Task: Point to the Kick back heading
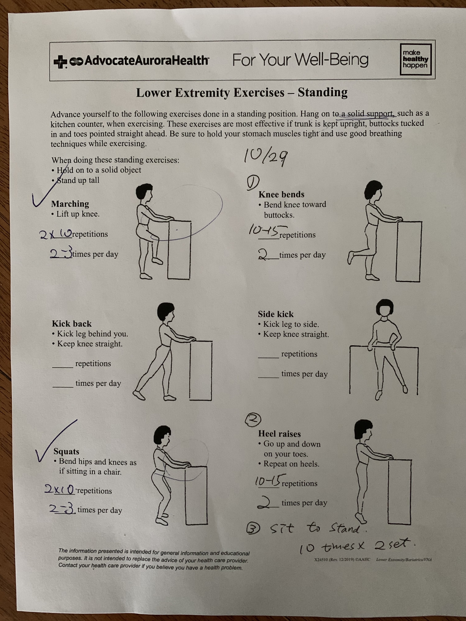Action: [72, 324]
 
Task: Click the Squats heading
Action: [66, 451]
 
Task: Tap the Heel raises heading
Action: [280, 434]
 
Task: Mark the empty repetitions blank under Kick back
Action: [63, 367]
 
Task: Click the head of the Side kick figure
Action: [385, 308]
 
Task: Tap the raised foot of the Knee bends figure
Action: [351, 257]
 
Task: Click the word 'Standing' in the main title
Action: [323, 92]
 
